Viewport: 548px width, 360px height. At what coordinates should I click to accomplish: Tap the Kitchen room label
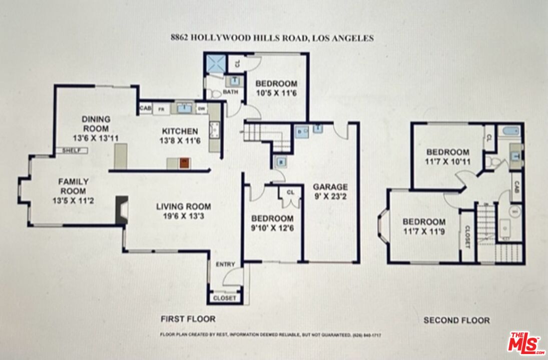coord(180,131)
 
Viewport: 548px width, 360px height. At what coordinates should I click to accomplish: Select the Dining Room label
coord(96,123)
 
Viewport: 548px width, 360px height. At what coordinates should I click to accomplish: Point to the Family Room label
coord(75,186)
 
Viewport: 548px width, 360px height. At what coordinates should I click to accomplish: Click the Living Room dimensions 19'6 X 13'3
coord(183,216)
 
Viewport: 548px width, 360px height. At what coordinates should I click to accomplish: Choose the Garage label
coord(330,187)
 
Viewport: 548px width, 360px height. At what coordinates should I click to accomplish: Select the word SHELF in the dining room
coord(73,150)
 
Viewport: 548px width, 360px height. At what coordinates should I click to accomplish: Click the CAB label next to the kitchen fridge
coord(145,108)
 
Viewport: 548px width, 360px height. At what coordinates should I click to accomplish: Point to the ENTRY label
coord(223,264)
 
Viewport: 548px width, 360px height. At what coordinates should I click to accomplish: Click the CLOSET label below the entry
coord(225,298)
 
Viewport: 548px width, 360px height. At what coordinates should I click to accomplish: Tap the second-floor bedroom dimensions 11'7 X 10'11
coord(447,162)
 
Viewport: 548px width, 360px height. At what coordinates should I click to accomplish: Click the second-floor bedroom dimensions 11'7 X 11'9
coord(424,231)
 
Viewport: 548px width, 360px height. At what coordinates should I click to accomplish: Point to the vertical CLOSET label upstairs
coord(467,236)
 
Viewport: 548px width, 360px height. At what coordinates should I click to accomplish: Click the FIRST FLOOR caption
coord(188,318)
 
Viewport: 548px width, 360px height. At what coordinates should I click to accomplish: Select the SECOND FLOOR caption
coord(456,320)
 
